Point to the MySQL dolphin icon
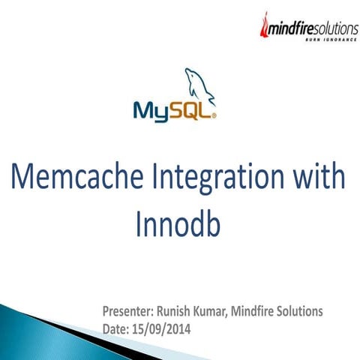point(197,85)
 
